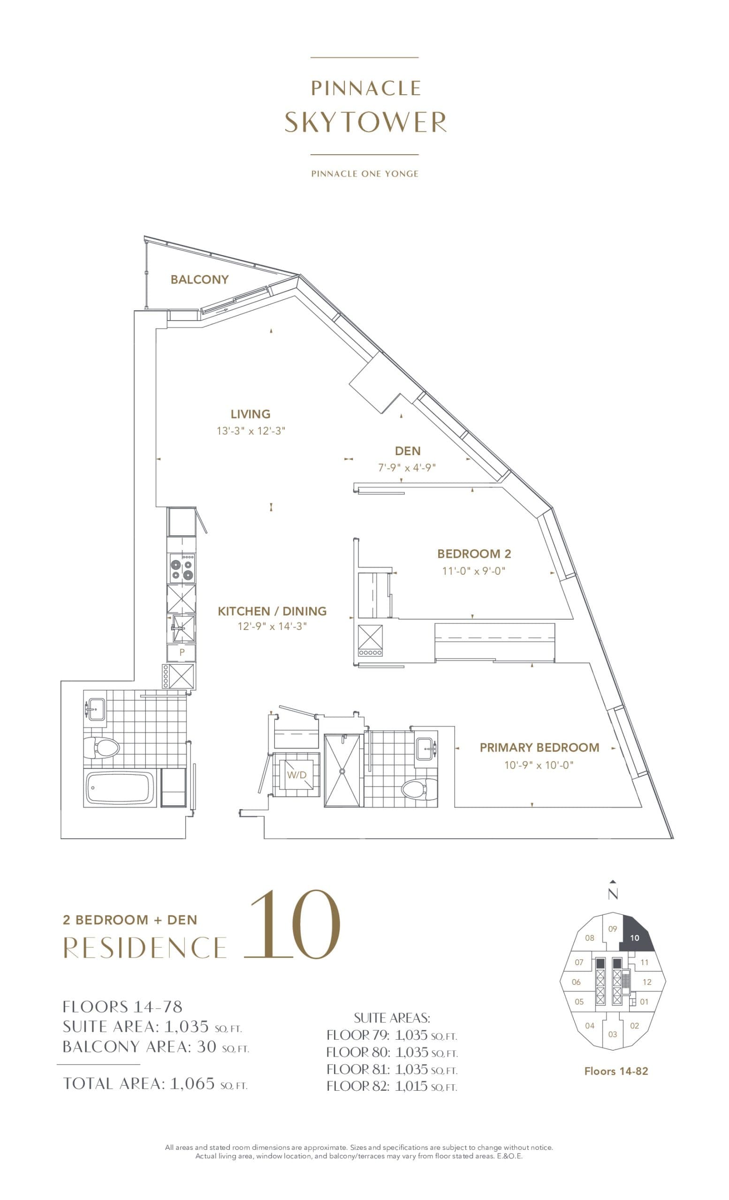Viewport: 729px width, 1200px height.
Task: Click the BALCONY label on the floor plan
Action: point(199,279)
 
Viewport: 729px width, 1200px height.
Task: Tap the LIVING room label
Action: point(251,414)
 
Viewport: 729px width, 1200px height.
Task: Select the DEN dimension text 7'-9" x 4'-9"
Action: point(407,467)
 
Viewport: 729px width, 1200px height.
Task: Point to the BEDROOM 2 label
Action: point(474,554)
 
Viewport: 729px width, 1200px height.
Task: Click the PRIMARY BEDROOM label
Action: point(539,748)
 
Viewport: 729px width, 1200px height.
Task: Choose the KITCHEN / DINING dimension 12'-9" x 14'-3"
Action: point(272,626)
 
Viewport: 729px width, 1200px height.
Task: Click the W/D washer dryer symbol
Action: point(296,774)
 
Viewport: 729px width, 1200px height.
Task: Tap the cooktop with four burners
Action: point(182,568)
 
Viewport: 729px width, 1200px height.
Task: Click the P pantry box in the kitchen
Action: point(182,652)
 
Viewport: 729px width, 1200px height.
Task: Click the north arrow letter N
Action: point(613,894)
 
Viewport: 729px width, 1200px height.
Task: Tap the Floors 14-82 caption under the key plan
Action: point(616,1071)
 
